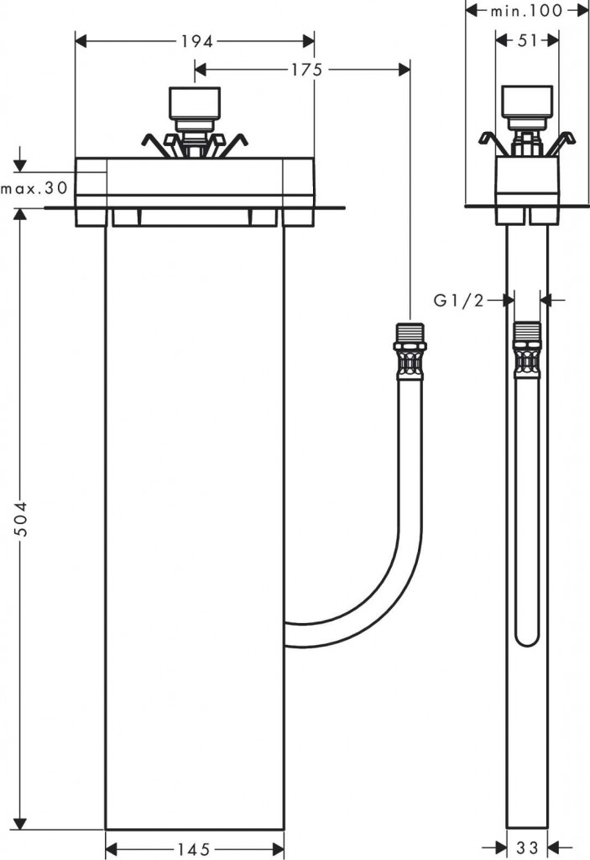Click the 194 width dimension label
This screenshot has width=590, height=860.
[x=195, y=40]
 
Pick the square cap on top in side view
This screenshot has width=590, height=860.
[x=527, y=103]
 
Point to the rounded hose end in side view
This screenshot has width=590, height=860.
[x=527, y=637]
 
